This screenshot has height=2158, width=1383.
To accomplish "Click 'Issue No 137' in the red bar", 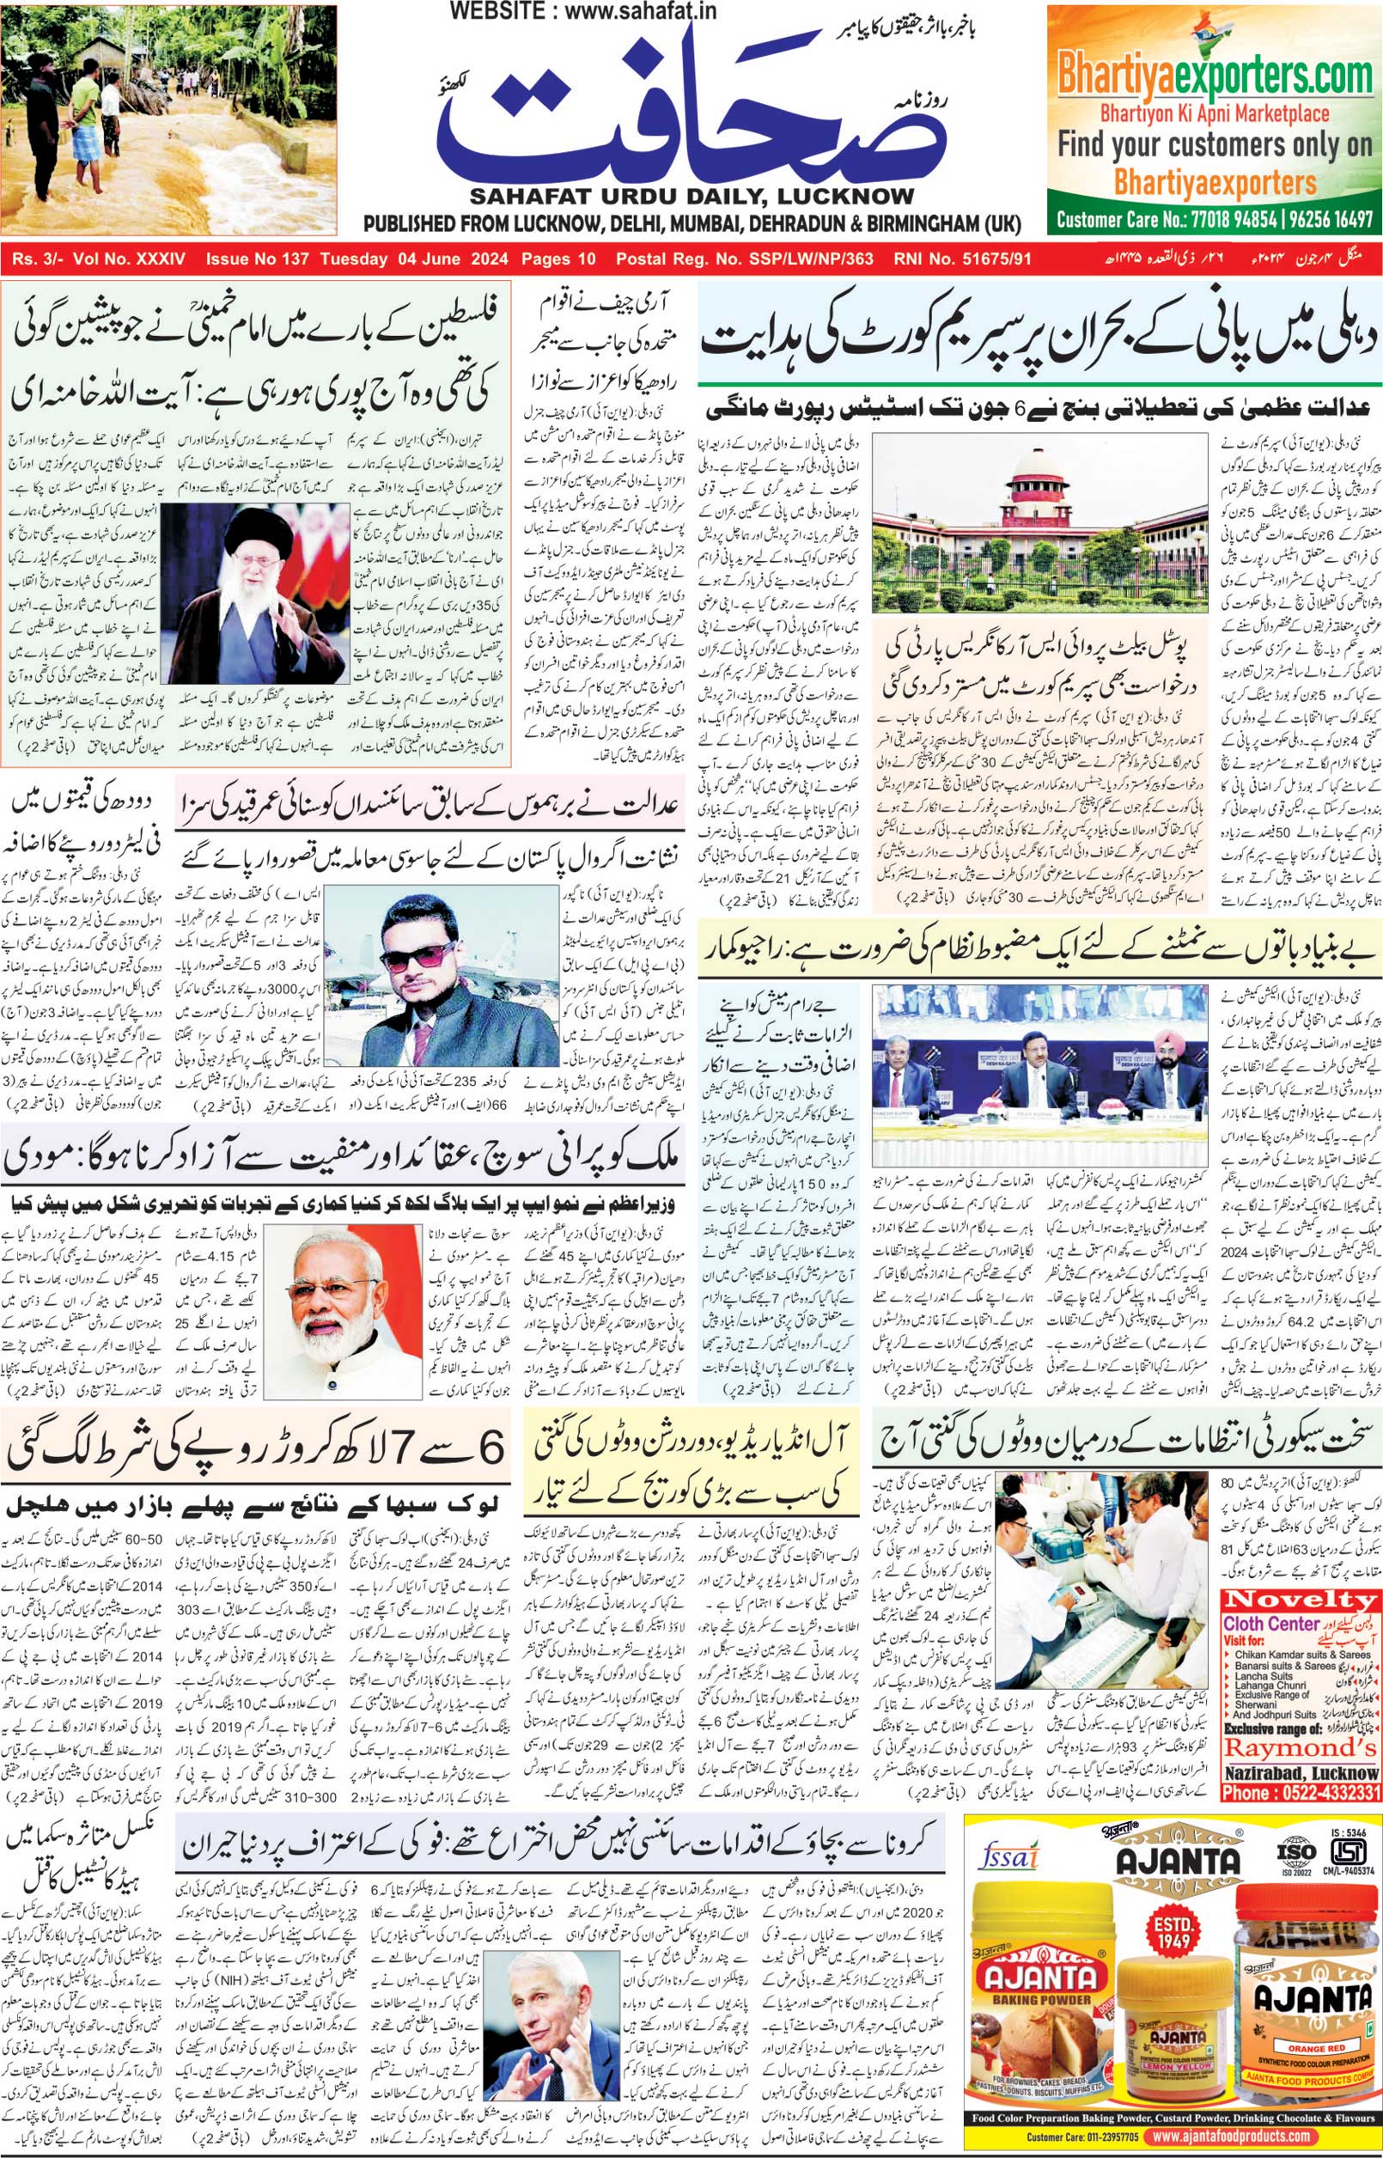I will click(x=257, y=259).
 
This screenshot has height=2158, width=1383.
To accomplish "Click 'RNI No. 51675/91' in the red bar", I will click(x=962, y=259).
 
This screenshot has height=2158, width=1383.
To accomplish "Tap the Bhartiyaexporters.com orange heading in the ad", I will click(x=1214, y=75).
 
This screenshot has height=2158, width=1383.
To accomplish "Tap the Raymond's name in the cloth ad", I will click(x=1300, y=1747).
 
